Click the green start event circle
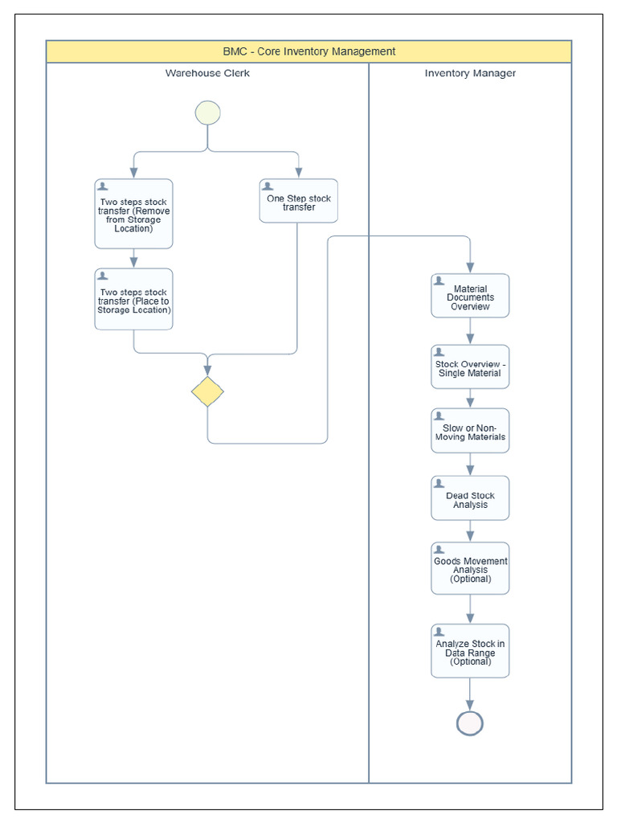coord(207,113)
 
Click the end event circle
coord(470,723)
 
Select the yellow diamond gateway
coord(207,391)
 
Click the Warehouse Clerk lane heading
coord(207,73)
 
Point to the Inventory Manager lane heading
coord(470,73)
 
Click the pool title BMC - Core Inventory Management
coord(309,51)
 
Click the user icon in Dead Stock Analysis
coord(439,483)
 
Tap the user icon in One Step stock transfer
coord(268,186)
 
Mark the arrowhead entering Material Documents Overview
coord(470,268)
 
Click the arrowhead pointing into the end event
coord(470,705)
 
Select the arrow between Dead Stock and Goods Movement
coord(470,531)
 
